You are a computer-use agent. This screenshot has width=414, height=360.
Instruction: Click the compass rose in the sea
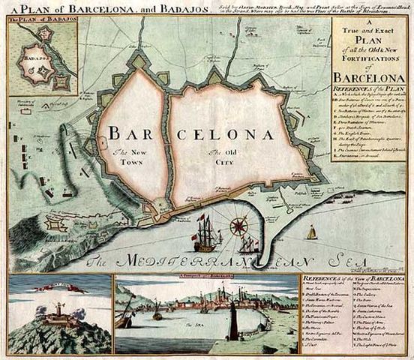coord(239,224)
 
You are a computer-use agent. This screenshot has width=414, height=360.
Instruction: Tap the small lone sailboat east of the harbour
coord(311,232)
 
